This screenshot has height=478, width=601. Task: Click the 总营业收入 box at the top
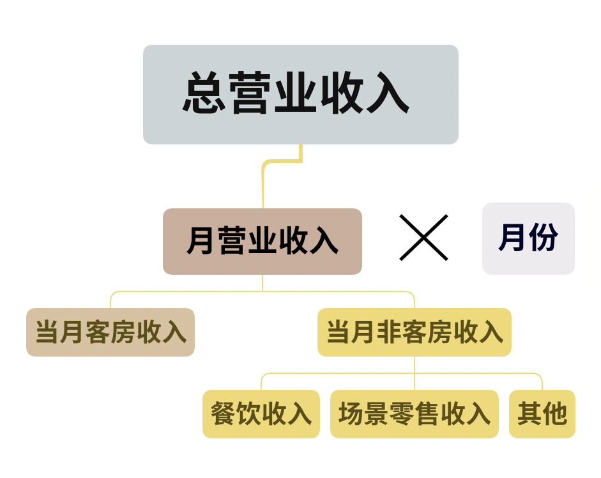pos(300,94)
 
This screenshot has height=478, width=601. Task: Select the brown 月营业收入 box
pos(262,241)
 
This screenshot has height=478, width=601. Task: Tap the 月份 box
pos(528,238)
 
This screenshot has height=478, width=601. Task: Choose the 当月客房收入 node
pos(110,332)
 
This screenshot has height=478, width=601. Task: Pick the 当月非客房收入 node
pos(415,332)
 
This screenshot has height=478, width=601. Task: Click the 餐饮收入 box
pos(261,414)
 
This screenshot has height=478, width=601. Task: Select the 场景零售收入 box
pos(414,414)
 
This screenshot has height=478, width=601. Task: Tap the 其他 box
pos(542,414)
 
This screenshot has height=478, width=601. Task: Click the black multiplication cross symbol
pos(423,238)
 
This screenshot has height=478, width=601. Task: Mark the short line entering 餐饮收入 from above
pos(261,382)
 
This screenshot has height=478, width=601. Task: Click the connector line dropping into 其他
pos(542,382)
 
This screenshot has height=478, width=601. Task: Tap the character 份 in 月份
pos(544,238)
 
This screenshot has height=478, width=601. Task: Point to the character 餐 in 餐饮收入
pos(223,414)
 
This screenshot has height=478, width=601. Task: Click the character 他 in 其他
pos(554,414)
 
